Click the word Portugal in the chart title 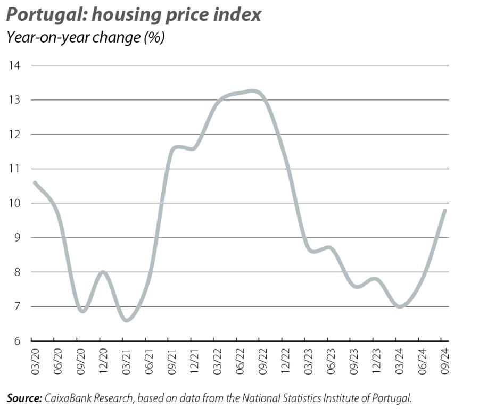[x=45, y=14]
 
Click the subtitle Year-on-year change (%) [x=85, y=38]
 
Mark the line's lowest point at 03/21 [x=127, y=320]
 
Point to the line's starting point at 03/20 [x=35, y=182]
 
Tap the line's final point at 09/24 [x=444, y=210]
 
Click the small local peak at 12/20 [x=103, y=272]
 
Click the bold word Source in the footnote [x=23, y=397]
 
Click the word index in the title [x=240, y=14]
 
